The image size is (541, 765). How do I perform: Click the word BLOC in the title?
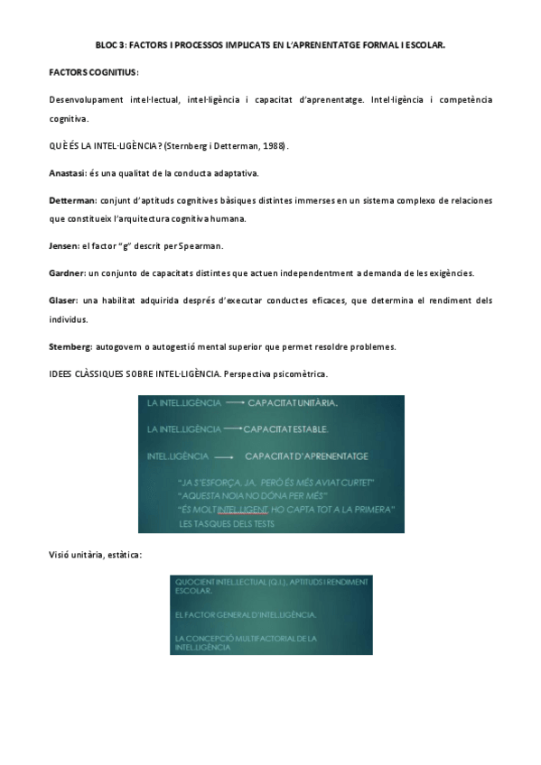click(x=107, y=42)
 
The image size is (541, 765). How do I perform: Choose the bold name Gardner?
click(x=67, y=272)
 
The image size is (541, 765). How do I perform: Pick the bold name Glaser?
click(x=63, y=299)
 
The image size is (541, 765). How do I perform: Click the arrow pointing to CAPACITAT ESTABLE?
click(x=234, y=429)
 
